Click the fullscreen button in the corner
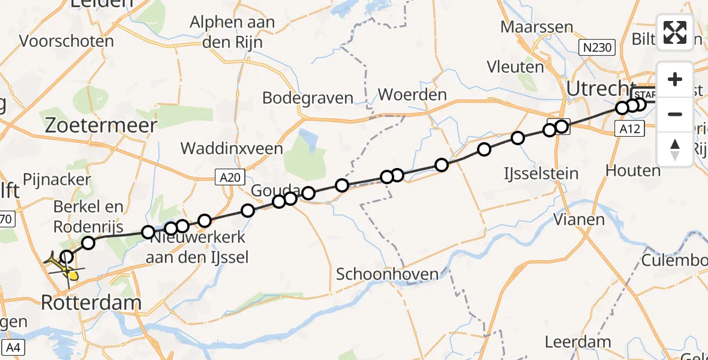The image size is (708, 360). click(675, 32)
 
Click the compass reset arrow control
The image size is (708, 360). click(675, 149)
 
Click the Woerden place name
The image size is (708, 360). click(412, 94)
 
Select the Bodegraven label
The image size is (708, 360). click(308, 98)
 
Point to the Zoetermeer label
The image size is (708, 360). click(102, 125)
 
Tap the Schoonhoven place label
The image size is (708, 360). click(387, 274)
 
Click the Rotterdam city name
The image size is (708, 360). click(91, 303)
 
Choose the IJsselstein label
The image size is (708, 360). click(541, 174)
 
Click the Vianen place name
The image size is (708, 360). click(578, 220)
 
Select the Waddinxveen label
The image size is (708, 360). click(232, 148)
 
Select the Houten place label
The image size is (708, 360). click(633, 170)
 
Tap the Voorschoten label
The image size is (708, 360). click(67, 41)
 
